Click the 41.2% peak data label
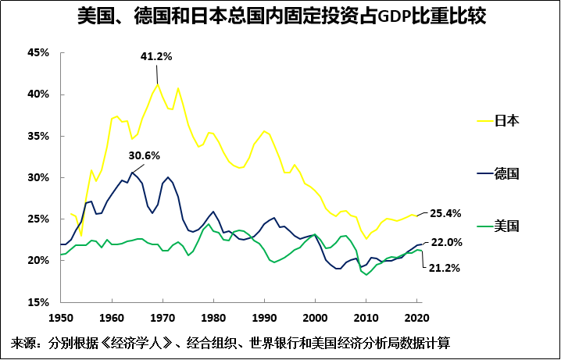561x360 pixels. tap(155, 57)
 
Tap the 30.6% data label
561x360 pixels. tap(144, 155)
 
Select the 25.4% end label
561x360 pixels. tap(445, 212)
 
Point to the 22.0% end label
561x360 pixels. tap(446, 243)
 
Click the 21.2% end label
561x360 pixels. tap(442, 268)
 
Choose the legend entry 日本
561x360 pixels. tap(507, 121)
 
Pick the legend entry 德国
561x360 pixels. tap(507, 173)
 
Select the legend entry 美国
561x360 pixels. tap(507, 226)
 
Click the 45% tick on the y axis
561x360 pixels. tap(38, 53)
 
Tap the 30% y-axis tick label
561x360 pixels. tap(38, 177)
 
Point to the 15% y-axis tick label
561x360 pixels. tap(38, 301)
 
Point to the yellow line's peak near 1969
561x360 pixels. tap(158, 84)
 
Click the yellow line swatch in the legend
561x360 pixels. tap(484, 121)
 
